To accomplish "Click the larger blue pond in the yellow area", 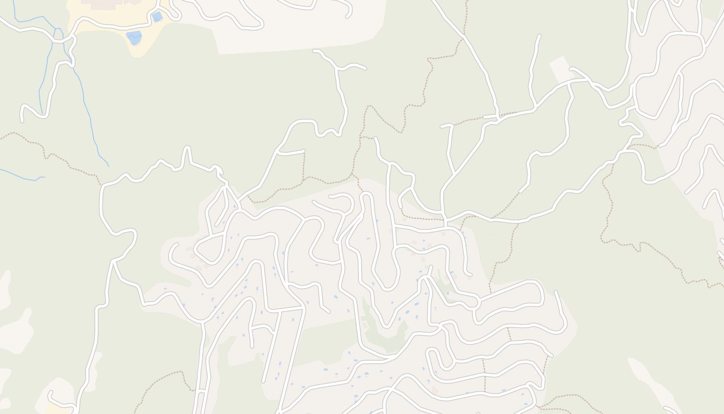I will pos(134,37).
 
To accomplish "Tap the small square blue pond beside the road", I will pos(157,17).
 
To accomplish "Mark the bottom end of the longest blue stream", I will pos(108,166).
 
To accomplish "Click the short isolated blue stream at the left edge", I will pos(21,175).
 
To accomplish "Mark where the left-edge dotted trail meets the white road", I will pos(100,184).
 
